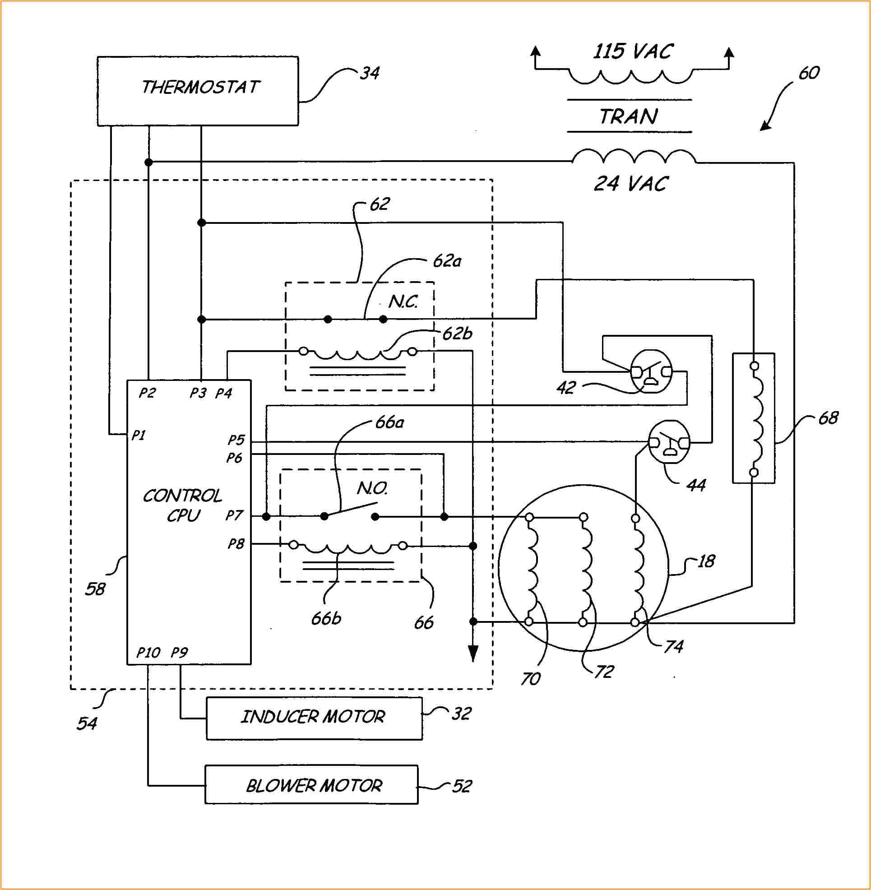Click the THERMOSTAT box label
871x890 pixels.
(x=200, y=88)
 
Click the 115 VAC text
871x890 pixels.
(x=633, y=51)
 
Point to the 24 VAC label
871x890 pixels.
(x=631, y=184)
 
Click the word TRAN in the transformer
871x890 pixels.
(x=629, y=117)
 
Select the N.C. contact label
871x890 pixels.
(x=403, y=301)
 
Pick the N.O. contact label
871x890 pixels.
(x=372, y=489)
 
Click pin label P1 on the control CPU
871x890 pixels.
(x=138, y=435)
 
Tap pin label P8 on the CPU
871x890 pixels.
(x=236, y=544)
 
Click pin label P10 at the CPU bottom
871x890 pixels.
(x=148, y=653)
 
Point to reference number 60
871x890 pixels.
(x=809, y=73)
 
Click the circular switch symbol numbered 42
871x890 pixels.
(x=651, y=371)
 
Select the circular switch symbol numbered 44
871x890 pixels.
(x=669, y=441)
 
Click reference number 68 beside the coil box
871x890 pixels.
(x=828, y=418)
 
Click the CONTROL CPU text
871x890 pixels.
(x=182, y=505)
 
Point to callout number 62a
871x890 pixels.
(x=447, y=261)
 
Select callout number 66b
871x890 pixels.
(x=326, y=619)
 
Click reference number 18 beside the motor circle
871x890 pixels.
(x=706, y=561)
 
